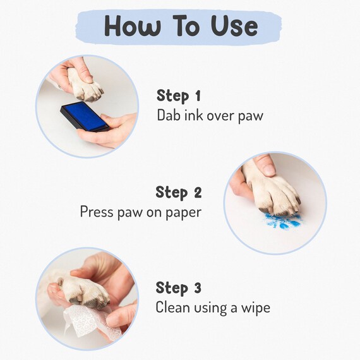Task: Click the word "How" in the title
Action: coord(132,26)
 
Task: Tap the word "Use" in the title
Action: coord(234,26)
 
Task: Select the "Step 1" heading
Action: coord(179,96)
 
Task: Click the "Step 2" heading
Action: coord(179,193)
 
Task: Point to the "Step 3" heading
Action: coord(179,288)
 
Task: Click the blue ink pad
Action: coord(85,117)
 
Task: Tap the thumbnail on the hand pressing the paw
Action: coord(269,170)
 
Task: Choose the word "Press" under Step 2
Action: coord(97,212)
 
